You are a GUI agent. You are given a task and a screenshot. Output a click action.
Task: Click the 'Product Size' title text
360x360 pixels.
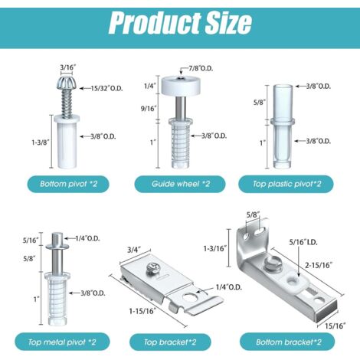tap(180, 22)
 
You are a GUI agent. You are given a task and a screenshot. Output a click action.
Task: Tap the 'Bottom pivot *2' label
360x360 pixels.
tap(68, 184)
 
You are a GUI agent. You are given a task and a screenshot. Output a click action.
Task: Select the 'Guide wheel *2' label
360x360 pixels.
tap(180, 184)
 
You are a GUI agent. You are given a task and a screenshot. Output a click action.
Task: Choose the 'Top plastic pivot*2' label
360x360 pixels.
tap(286, 184)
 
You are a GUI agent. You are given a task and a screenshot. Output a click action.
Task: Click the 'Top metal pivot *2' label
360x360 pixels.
tap(62, 342)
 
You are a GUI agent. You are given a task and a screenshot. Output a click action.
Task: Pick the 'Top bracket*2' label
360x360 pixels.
tap(170, 342)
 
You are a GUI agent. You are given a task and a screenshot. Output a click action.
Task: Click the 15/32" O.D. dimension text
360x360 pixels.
tap(106, 89)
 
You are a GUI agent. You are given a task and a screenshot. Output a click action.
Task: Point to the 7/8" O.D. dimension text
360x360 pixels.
tap(201, 68)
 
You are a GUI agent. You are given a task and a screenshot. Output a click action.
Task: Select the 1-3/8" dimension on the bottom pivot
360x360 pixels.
tap(41, 142)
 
